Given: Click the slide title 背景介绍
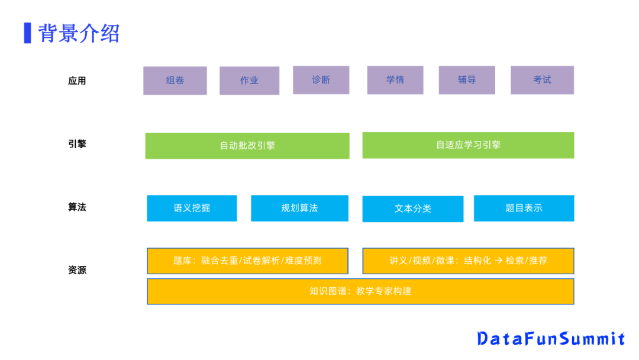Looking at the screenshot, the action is coord(79,33).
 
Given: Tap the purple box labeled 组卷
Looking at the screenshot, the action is coord(175,81).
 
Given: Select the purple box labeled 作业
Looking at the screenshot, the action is coord(249,81).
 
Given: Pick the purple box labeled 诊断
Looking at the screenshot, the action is coord(321,80).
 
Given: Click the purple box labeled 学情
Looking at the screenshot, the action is coord(395,80).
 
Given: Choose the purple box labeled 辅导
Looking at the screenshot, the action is coord(467,80).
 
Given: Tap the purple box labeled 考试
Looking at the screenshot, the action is coord(542,80).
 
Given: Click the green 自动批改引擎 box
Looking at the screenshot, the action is coord(247,146).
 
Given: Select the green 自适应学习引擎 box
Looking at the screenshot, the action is coord(468,145).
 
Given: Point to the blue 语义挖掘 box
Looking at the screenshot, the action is coord(192,208).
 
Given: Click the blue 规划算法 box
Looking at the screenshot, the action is coord(299,208).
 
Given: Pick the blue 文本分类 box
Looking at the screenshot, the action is coord(413,209).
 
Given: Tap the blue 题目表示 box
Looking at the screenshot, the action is coord(524,208).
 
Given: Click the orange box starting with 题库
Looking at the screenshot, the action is coord(247,261).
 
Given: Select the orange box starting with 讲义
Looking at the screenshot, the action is coord(468,261).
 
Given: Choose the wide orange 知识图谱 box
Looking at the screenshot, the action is coord(360,291).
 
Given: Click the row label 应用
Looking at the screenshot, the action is coord(77,81).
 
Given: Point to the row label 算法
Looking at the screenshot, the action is coord(77,208).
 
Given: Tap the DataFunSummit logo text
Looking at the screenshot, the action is coord(551,339).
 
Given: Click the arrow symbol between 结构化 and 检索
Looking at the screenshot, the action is coord(498,261).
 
